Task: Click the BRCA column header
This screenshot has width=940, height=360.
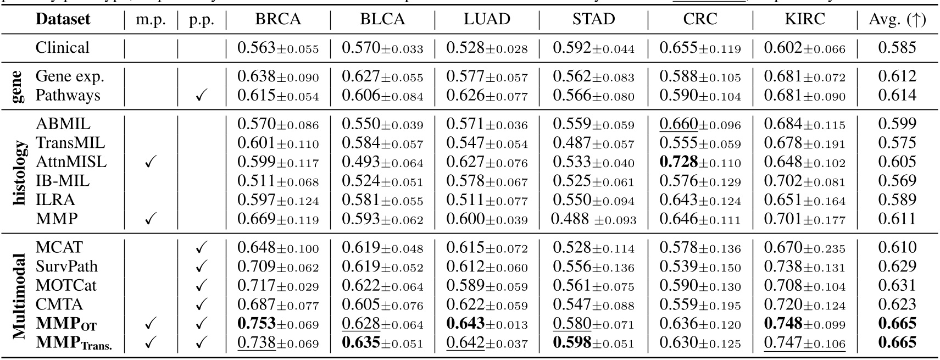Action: click(278, 20)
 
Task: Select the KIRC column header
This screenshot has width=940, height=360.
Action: click(804, 20)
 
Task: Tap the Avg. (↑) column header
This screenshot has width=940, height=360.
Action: click(897, 20)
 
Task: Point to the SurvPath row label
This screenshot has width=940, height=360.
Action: click(66, 267)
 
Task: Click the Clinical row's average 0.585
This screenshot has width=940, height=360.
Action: click(897, 48)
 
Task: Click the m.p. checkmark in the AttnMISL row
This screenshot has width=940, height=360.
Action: click(151, 163)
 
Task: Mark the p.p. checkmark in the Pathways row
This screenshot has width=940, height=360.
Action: click(201, 96)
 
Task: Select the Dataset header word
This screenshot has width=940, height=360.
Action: click(63, 20)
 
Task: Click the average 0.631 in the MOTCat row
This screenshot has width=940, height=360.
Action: click(897, 286)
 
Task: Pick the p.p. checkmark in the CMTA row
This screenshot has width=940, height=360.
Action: click(201, 305)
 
